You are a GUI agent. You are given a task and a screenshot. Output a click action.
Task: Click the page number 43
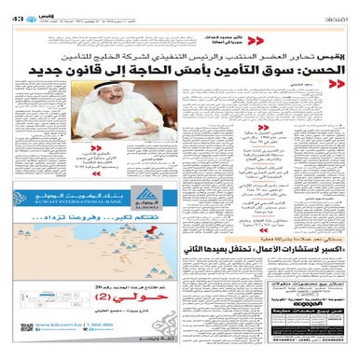coord(17,7)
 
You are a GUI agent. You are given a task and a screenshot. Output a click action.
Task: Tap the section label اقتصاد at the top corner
coord(340,7)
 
